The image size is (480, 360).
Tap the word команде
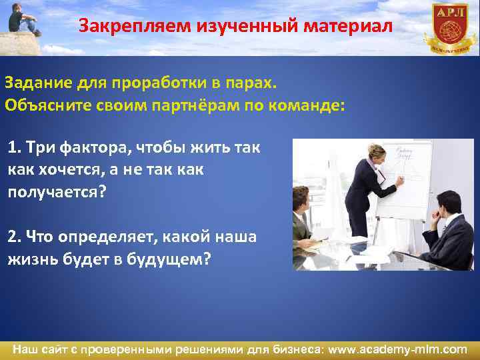308,106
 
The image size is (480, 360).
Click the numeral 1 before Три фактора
12,147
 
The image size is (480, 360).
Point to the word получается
57,192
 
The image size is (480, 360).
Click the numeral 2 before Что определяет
12,237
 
